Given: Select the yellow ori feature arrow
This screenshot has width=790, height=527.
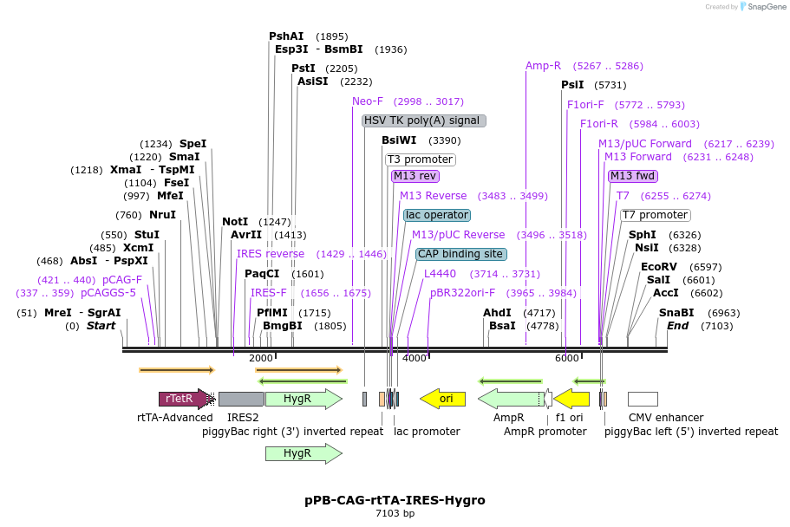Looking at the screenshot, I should (442, 399).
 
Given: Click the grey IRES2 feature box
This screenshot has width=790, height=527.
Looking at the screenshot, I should (241, 399).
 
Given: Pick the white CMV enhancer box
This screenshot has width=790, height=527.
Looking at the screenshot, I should (643, 399).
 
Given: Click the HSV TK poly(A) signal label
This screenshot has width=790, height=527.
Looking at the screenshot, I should (424, 120).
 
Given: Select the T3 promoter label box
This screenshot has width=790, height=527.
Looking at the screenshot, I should (420, 159).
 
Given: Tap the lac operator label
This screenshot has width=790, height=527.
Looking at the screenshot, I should (437, 215).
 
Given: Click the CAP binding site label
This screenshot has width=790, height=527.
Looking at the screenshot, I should (460, 254).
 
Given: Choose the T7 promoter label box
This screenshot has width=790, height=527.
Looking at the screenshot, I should (655, 215).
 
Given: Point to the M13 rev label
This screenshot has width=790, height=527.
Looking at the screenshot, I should (415, 176).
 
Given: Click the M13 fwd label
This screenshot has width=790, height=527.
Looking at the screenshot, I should (633, 176).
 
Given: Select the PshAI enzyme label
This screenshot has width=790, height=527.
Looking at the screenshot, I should (286, 36).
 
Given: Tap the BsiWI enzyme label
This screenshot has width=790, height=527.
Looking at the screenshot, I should (399, 140).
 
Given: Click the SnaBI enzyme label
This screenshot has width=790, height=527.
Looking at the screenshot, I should (676, 313).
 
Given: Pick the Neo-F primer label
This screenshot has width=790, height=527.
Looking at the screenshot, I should (368, 101).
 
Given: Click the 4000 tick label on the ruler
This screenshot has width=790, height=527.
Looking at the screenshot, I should (415, 358).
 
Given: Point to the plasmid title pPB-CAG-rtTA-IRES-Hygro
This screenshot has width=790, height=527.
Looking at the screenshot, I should (395, 500).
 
